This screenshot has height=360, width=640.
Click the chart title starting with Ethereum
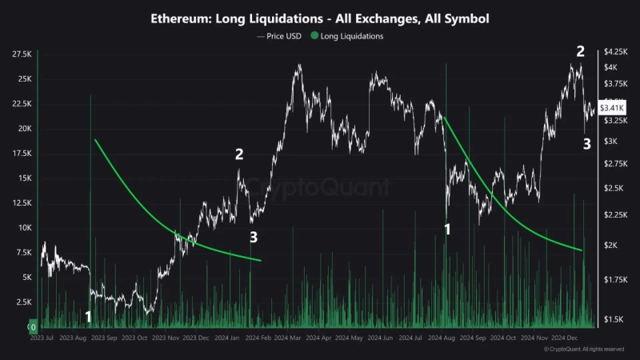pos(319,17)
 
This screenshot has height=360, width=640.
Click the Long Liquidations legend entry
pos(349,36)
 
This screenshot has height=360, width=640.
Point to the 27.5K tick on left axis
pos(22,54)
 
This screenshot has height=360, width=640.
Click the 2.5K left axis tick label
pos(22,302)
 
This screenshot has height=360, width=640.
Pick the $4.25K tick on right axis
pos(615,50)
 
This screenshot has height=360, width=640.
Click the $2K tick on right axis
pos(613,245)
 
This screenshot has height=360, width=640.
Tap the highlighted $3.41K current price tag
pos(614,107)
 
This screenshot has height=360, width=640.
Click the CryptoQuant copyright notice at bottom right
pos(583,350)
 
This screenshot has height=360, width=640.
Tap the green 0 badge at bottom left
pos(33,326)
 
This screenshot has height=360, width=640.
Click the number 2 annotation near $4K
pos(581,51)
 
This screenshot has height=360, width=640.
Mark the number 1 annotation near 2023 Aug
pos(89,317)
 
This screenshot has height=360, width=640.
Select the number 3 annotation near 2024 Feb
pos(254,237)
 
